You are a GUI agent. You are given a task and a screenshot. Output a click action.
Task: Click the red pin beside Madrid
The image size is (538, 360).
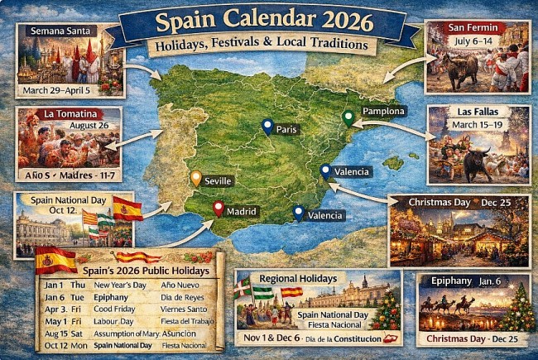pyautogui.click(x=218, y=209)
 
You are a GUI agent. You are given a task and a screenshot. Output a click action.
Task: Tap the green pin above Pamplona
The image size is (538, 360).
pyautogui.click(x=348, y=118)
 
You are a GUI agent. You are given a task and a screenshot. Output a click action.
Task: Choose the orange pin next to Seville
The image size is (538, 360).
pyautogui.click(x=195, y=178)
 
